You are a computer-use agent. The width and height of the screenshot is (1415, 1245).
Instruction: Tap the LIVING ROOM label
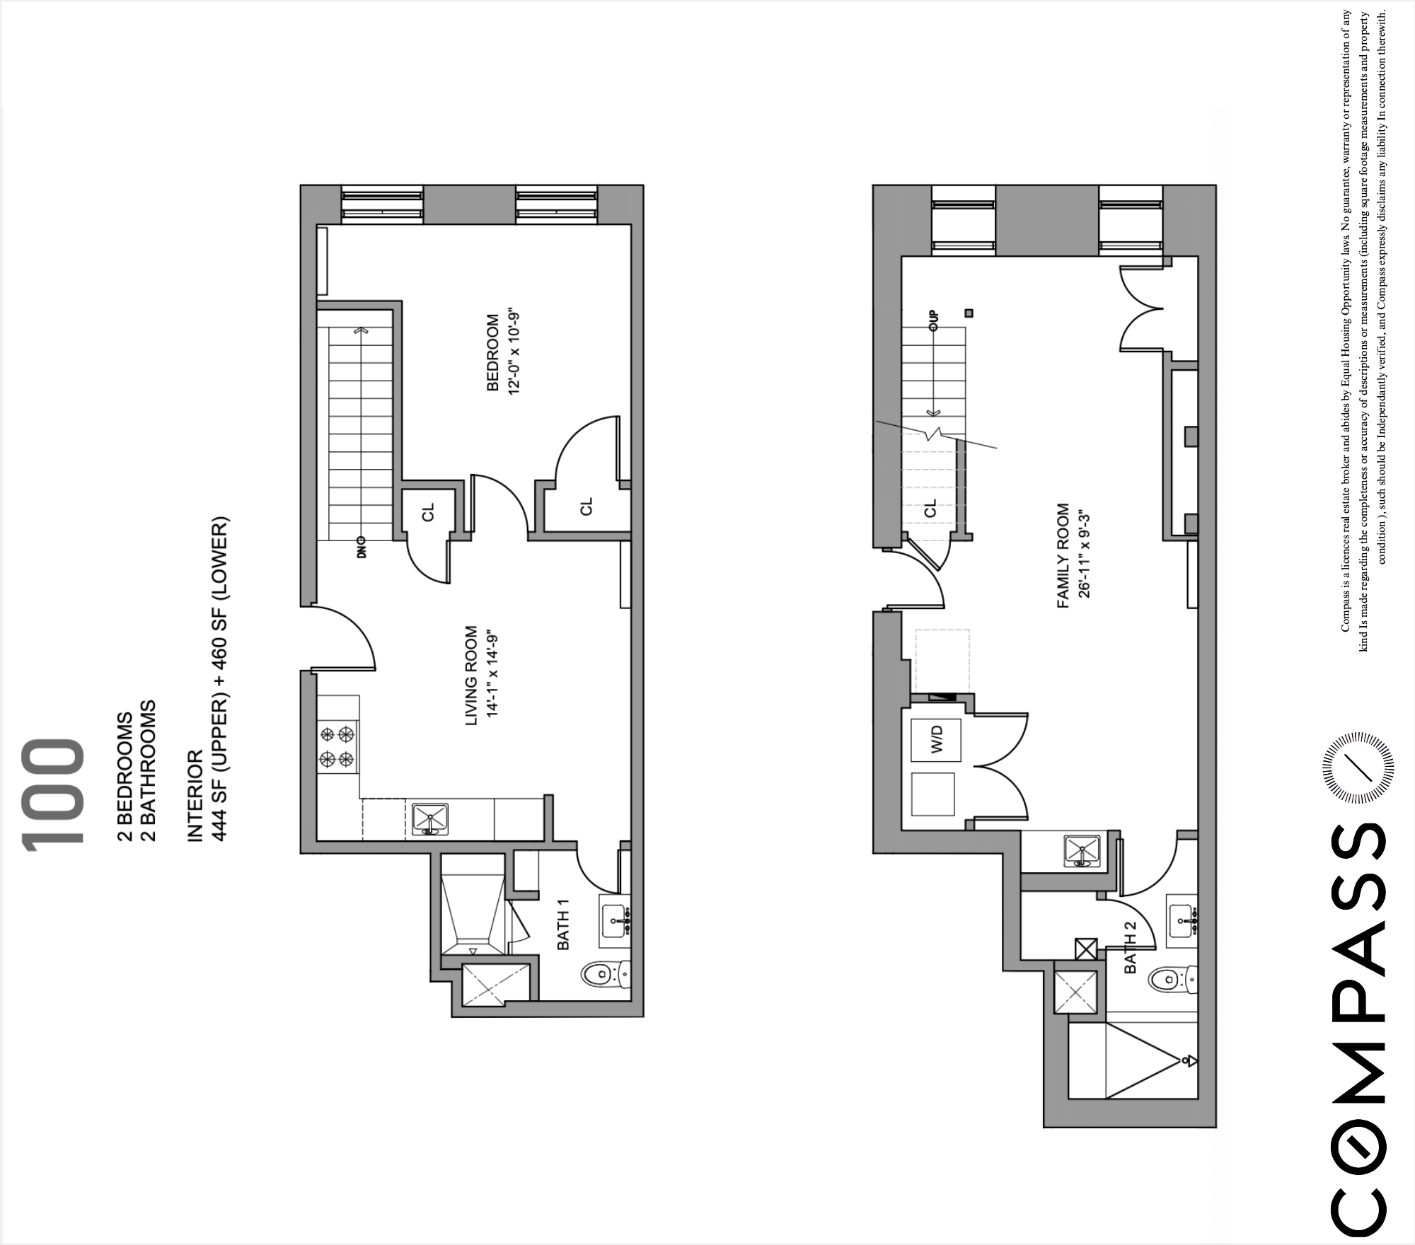pos(471,675)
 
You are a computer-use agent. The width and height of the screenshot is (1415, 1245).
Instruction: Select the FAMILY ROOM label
pos(1063,556)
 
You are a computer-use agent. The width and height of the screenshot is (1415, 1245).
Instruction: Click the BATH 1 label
pos(563,930)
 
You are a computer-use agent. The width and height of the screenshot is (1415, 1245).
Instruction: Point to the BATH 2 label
pos(1130,952)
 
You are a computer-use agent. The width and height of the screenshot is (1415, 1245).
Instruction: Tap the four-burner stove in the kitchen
pos(337,747)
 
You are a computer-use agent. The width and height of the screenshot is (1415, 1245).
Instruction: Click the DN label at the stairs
pos(362,547)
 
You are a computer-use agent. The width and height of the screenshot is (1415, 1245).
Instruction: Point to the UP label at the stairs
pos(933,320)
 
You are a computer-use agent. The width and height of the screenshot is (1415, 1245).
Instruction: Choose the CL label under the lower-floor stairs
pos(930,507)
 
